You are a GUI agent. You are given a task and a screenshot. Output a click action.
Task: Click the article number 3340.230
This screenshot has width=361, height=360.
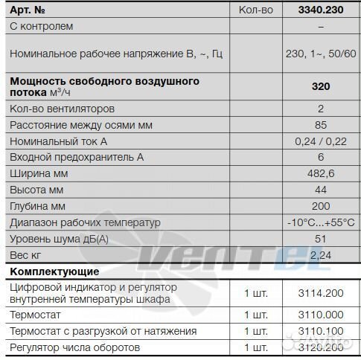tap(320, 10)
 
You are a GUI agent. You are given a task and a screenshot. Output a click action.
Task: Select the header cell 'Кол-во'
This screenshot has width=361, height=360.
tap(256, 10)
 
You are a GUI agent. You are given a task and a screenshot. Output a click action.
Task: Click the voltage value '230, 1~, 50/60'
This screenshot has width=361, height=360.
tap(320, 54)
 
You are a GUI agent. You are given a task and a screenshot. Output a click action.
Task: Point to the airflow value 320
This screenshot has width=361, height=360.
tap(320, 86)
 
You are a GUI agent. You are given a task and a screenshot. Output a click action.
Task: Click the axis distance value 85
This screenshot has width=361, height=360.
tap(320, 125)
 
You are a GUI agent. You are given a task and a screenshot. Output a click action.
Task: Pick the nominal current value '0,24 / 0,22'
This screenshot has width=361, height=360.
tap(320, 141)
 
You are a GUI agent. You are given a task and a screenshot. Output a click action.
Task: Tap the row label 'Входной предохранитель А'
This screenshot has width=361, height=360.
tap(76, 158)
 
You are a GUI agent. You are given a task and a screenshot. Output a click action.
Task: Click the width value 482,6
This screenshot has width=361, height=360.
tap(320, 173)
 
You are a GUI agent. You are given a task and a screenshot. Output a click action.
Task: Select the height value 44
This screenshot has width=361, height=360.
tap(320, 190)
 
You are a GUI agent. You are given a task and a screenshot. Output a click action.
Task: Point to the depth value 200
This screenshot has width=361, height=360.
tap(320, 206)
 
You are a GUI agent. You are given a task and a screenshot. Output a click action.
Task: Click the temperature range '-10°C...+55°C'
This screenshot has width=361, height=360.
tap(320, 222)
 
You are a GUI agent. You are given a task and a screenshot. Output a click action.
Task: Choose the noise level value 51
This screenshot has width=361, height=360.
tap(320, 239)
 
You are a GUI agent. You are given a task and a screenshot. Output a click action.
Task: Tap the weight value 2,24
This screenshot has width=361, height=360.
tap(320, 255)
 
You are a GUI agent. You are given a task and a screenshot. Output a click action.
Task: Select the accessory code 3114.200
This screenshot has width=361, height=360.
tap(320, 293)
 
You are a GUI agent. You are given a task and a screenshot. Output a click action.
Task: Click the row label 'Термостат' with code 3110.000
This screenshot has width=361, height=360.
tap(34, 315)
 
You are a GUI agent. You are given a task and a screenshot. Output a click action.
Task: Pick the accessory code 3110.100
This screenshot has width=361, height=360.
tap(320, 331)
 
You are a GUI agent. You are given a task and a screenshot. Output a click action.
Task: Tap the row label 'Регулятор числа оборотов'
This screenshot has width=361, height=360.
tap(76, 347)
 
